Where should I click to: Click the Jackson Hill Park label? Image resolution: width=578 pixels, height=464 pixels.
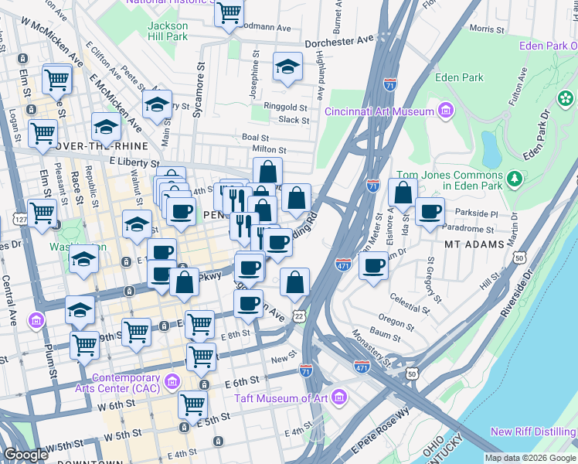168,30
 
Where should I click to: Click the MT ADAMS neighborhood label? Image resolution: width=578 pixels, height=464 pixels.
474,244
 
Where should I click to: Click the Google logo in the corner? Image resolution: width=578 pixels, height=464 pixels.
25,454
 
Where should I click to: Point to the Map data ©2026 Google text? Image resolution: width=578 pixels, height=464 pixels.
529,458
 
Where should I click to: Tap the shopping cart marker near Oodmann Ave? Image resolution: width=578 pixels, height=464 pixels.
229,12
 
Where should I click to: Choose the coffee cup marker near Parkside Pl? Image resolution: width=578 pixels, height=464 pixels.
430,211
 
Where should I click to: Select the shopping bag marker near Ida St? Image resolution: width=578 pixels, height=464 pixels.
403,193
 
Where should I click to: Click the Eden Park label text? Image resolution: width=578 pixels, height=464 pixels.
459,77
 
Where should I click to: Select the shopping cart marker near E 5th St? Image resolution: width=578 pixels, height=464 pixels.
192,404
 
